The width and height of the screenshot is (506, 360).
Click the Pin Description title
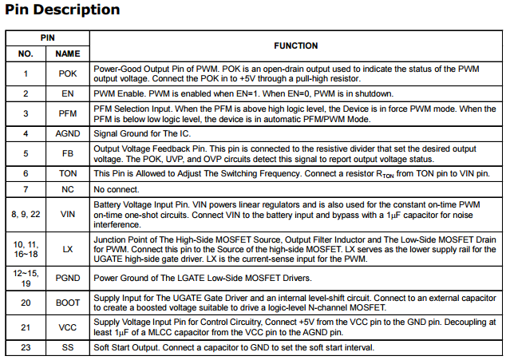62,10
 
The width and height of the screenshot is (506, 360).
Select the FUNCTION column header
295,45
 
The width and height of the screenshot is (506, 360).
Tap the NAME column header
68,53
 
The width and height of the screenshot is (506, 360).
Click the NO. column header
26,53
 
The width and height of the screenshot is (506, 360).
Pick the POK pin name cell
68,73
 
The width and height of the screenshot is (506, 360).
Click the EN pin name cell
68,93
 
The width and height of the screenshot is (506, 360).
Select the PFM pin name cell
68,113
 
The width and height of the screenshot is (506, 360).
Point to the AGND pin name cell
68,133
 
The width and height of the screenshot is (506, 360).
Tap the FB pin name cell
68,153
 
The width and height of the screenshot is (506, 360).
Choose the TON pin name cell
68,173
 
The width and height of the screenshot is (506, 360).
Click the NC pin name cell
68,189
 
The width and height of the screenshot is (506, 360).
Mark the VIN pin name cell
68,214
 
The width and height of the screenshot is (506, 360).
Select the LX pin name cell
68,250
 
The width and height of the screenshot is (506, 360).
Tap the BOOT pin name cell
68,303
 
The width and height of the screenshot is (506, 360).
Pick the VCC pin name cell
68,327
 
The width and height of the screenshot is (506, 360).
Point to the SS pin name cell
68,347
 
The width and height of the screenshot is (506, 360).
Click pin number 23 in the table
26,347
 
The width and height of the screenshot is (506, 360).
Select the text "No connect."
117,189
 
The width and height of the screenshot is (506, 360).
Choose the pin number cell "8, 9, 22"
26,214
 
